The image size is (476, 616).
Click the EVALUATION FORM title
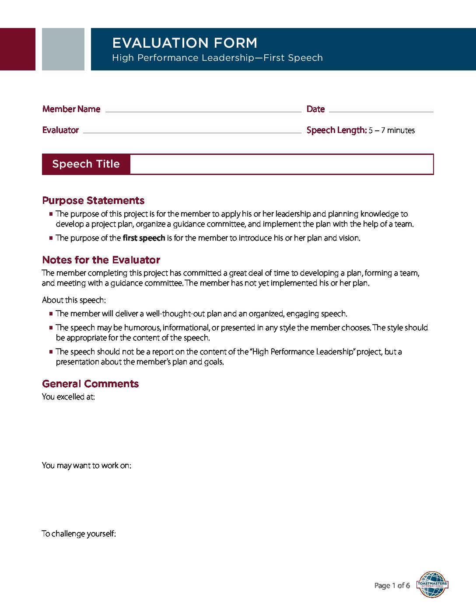[185, 43]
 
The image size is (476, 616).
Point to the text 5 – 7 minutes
[392, 130]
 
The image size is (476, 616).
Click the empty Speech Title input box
[281, 164]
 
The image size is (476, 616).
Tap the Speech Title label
[86, 164]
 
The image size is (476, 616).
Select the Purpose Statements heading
[93, 200]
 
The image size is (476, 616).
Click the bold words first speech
[143, 238]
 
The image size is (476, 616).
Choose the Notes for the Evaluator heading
[101, 260]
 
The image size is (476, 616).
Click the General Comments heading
[90, 384]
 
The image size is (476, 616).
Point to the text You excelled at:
[68, 397]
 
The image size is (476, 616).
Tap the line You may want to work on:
[86, 465]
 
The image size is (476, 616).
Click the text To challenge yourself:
[79, 534]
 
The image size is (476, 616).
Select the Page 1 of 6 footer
[392, 585]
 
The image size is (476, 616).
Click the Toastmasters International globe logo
[432, 584]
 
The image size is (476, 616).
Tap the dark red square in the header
[17, 49]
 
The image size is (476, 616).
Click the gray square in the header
[63, 49]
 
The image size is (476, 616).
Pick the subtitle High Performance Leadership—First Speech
[217, 58]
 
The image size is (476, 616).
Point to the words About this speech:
[73, 300]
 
